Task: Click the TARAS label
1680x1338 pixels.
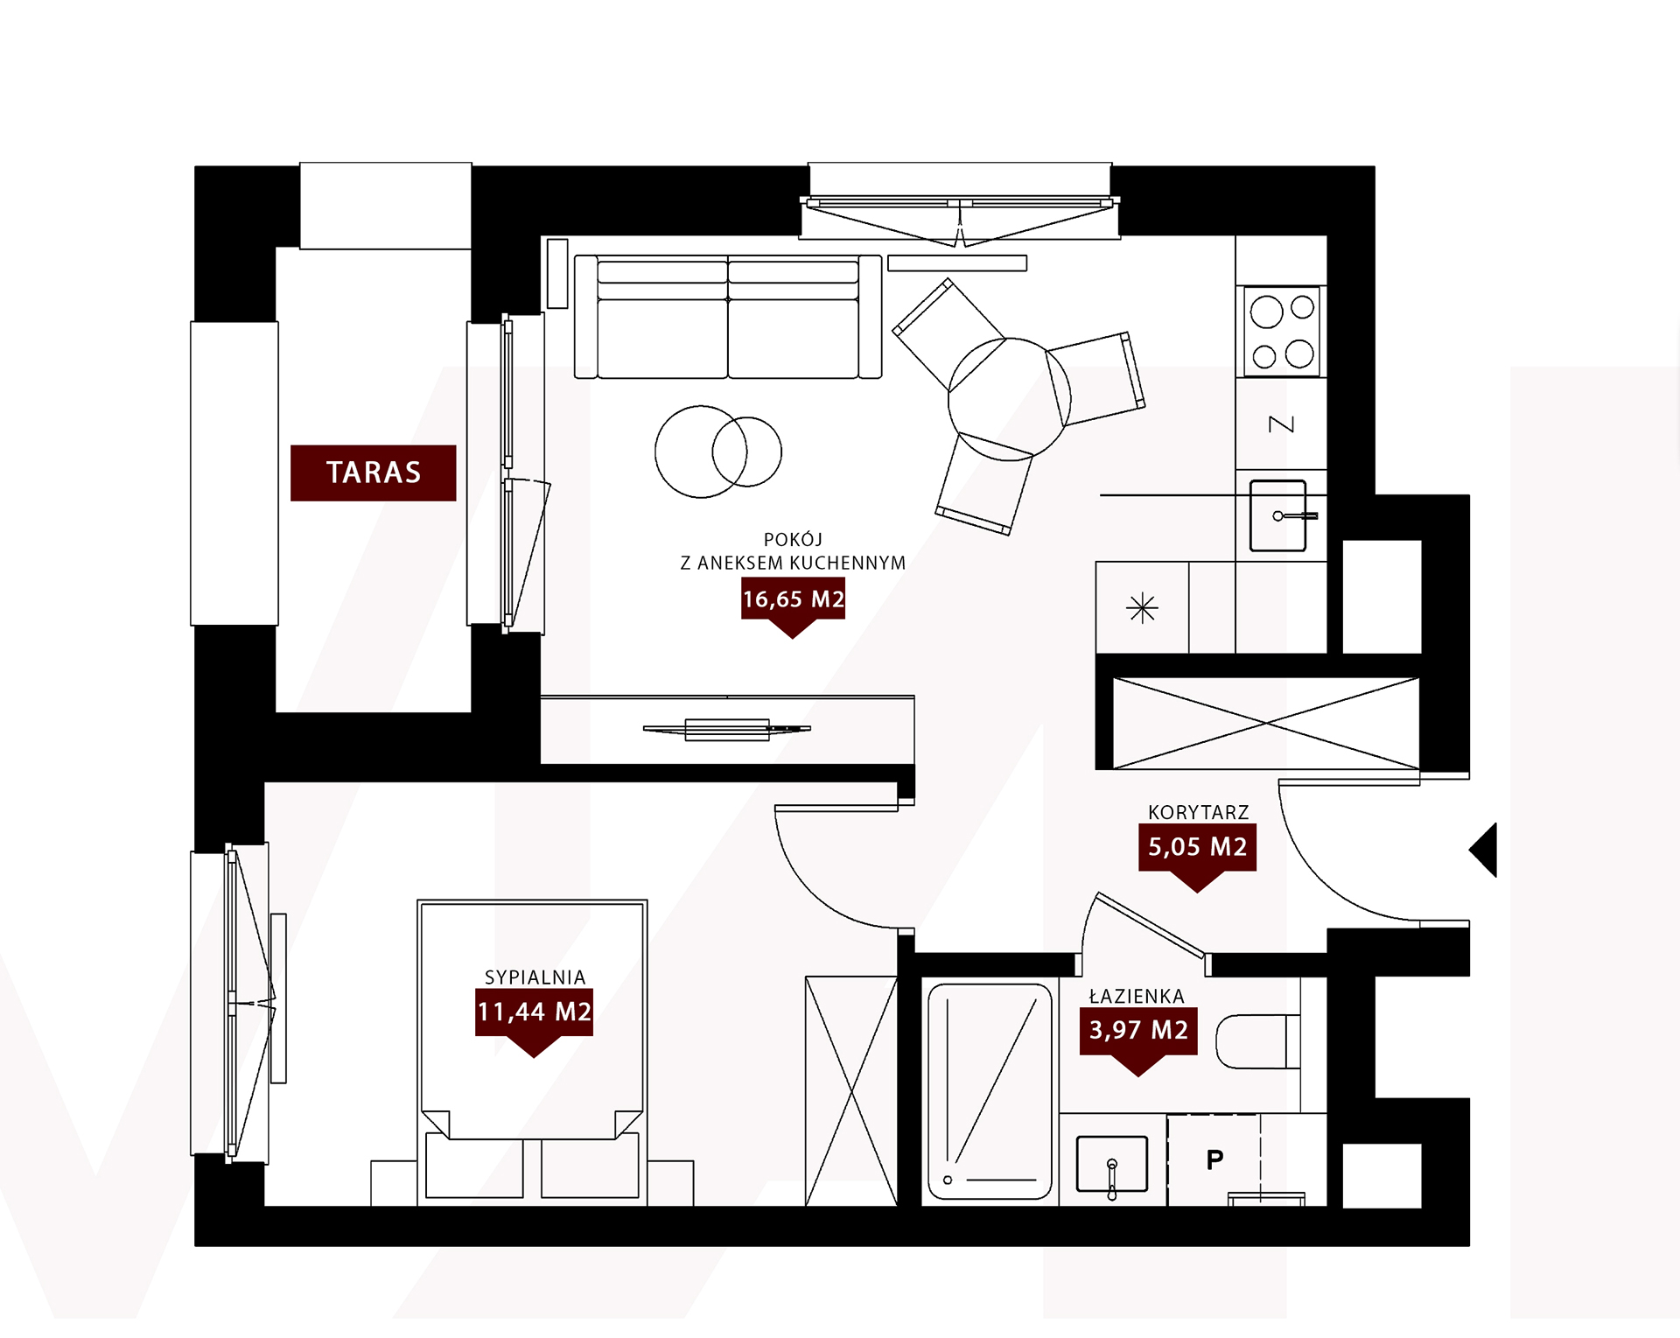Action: click(x=374, y=473)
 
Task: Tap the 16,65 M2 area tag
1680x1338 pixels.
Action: click(x=793, y=600)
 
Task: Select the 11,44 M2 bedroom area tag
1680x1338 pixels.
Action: click(x=534, y=1013)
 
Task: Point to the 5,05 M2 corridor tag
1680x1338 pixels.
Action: click(x=1197, y=848)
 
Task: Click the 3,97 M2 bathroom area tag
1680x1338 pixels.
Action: click(x=1138, y=1031)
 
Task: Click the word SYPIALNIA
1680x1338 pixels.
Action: click(x=535, y=977)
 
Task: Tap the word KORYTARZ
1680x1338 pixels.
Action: click(x=1198, y=812)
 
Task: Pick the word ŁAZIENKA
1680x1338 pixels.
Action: click(x=1137, y=996)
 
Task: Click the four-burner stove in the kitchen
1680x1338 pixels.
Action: click(x=1282, y=331)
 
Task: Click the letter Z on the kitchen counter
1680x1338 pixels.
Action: click(x=1281, y=424)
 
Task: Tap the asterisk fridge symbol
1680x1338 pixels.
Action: click(x=1142, y=608)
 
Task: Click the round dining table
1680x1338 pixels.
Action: click(x=1009, y=399)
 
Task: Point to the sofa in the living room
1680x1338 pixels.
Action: click(x=728, y=317)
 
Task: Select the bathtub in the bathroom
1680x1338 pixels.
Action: click(x=990, y=1091)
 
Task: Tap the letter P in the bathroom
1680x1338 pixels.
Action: click(x=1214, y=1160)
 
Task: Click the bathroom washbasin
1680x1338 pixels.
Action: click(x=1111, y=1164)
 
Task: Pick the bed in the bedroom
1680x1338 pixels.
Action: click(x=532, y=1050)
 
